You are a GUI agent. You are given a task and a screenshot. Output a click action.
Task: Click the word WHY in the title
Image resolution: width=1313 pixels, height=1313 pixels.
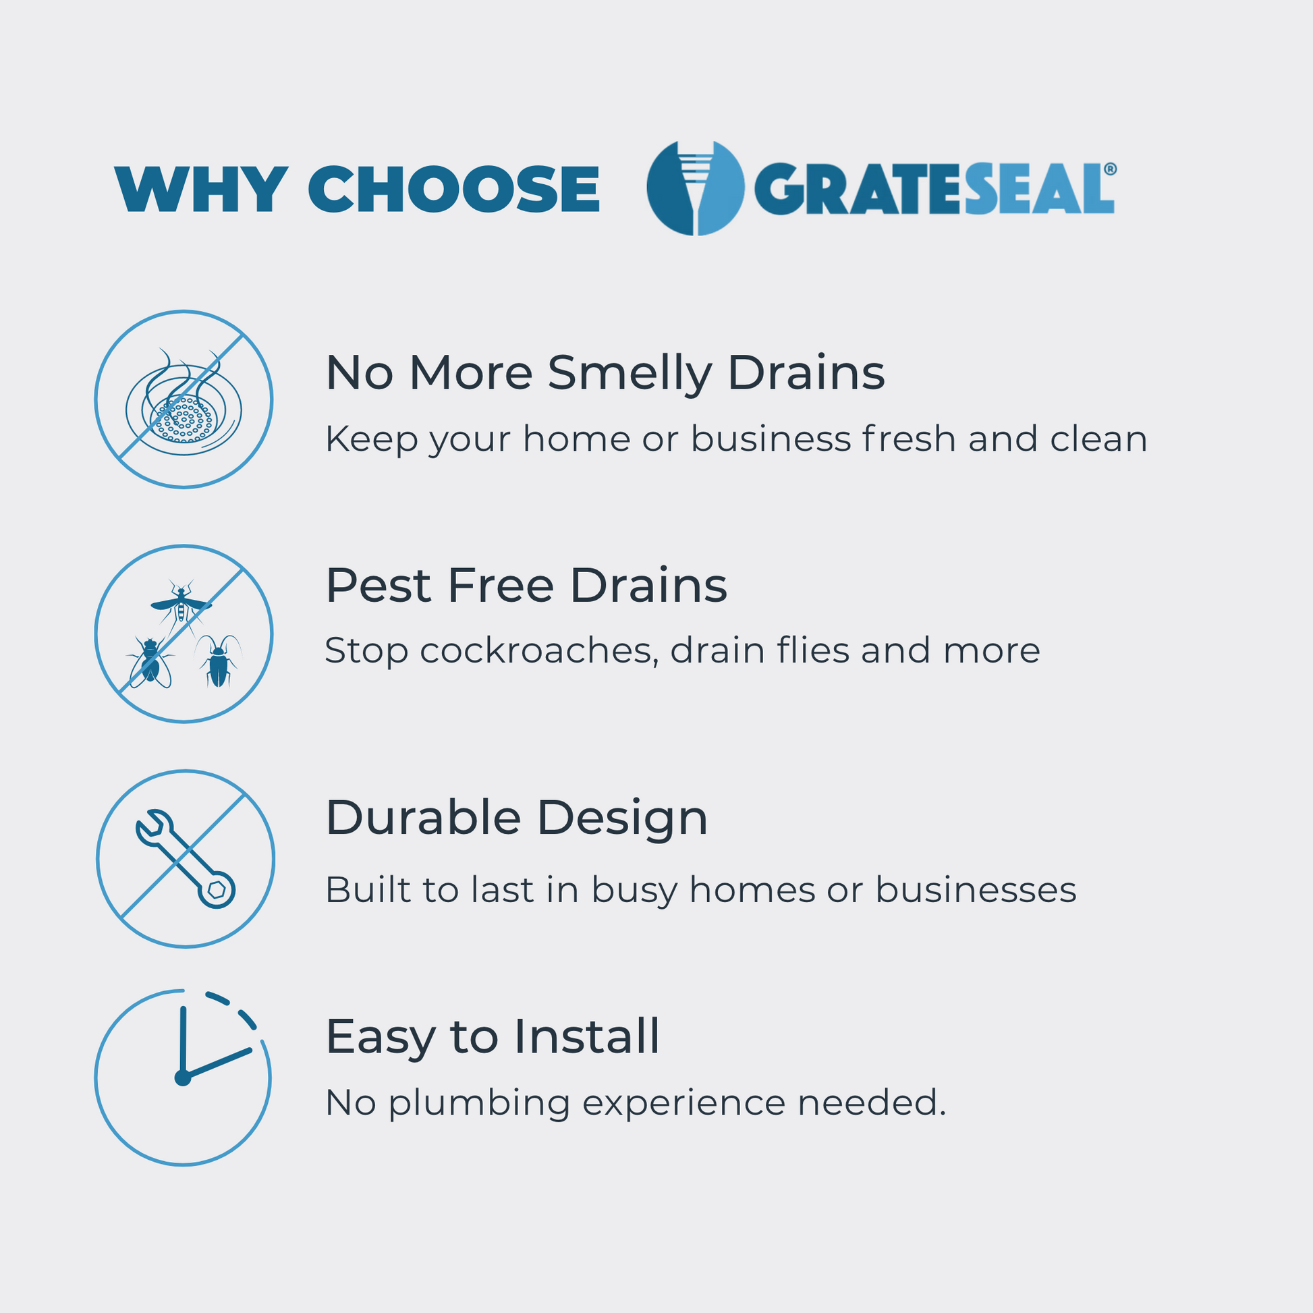(201, 189)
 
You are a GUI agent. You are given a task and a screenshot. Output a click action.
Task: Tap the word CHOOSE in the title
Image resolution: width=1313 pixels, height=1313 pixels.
(454, 189)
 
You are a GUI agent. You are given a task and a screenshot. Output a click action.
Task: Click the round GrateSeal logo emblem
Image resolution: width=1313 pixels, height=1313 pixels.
(695, 188)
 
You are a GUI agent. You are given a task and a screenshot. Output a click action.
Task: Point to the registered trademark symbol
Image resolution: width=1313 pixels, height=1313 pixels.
(1110, 169)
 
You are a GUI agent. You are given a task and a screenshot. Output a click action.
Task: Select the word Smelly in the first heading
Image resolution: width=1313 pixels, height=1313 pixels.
(630, 374)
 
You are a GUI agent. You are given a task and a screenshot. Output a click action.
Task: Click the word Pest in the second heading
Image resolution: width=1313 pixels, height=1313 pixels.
(379, 585)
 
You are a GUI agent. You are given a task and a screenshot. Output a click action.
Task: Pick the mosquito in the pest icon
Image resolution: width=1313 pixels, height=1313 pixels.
(181, 603)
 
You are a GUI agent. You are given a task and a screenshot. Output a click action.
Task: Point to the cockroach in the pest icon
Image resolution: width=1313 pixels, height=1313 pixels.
(219, 661)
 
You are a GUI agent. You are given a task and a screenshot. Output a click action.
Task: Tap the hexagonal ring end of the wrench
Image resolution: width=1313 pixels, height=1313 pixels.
(216, 889)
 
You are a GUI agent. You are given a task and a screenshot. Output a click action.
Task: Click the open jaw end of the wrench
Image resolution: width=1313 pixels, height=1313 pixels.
(151, 828)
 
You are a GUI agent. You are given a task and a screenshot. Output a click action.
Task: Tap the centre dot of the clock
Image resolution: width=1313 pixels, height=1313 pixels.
(183, 1078)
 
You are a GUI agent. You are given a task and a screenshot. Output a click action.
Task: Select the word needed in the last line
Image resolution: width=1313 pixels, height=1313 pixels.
(872, 1102)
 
